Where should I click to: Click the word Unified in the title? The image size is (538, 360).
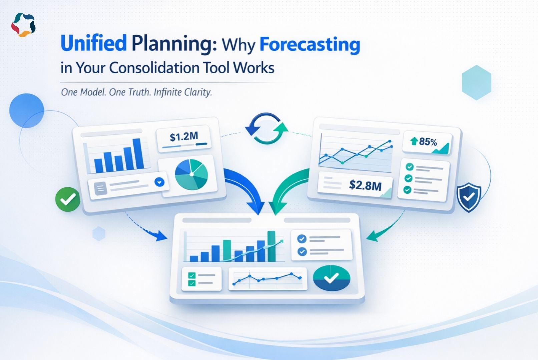pos(93,44)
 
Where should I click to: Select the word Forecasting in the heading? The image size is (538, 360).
pos(310,44)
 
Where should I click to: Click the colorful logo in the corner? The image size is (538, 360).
pos(23,25)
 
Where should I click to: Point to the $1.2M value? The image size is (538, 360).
pos(184,136)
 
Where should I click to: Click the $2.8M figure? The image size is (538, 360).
pos(365,185)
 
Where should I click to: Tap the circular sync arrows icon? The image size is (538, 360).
pos(266,129)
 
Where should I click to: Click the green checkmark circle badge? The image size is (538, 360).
pos(68,199)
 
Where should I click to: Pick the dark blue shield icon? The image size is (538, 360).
pos(469,197)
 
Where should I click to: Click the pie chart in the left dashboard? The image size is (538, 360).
pos(191,174)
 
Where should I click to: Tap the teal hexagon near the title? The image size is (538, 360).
pos(477,82)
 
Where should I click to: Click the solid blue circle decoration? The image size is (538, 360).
pos(27,110)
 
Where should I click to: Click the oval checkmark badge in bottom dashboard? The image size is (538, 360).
pos(331,278)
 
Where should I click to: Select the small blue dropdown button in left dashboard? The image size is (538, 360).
pos(159,182)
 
